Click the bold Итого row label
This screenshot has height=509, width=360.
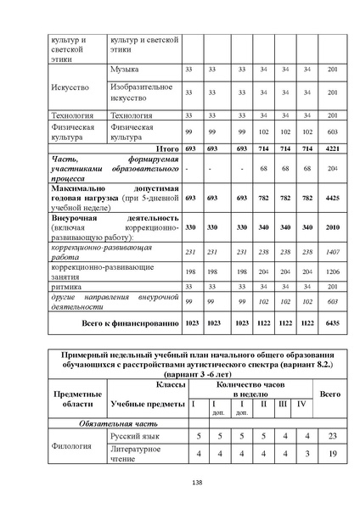tap(162, 148)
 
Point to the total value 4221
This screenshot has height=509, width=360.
tap(332, 148)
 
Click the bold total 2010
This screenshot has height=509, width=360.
tap(332, 227)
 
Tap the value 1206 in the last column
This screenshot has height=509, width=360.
tap(332, 271)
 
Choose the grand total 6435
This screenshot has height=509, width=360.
tap(332, 324)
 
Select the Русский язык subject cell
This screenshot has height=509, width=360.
tap(132, 435)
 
